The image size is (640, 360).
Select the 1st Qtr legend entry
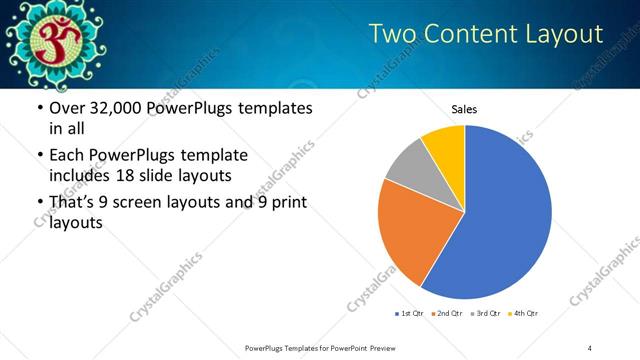coord(410,314)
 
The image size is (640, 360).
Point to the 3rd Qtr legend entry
coord(487,314)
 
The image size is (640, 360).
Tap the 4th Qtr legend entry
coord(523,314)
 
